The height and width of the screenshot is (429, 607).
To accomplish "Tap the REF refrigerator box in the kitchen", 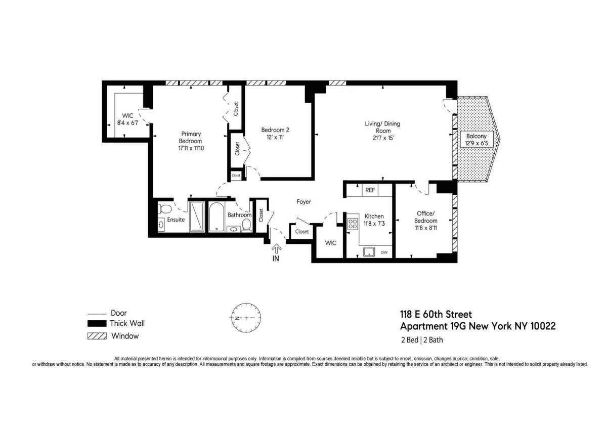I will pos(370,190).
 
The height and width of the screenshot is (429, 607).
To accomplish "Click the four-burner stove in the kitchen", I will pos(353,224).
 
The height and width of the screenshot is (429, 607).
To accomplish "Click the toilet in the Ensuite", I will pos(164,208).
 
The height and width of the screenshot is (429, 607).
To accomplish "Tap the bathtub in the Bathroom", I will pos(216,217).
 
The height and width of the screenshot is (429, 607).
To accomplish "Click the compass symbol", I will pos(246,318).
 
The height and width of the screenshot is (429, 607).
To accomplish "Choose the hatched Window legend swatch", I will pos(97,336).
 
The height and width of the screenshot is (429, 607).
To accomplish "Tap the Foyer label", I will pos(303,202).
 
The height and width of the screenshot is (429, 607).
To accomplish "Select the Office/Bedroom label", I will pos(426,217).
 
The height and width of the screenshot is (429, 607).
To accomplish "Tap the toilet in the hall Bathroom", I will pos(246,223).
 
